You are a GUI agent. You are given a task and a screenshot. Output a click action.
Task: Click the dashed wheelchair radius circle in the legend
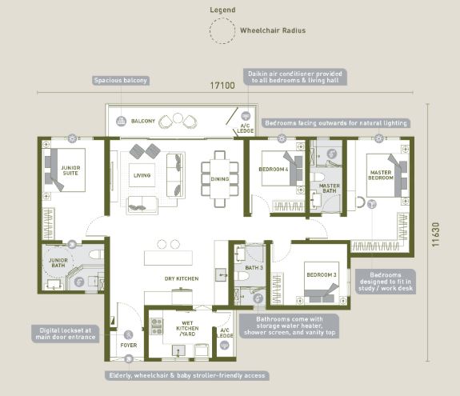210,30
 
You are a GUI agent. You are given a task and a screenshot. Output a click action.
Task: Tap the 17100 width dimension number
222,86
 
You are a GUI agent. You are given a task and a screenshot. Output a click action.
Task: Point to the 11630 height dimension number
435,234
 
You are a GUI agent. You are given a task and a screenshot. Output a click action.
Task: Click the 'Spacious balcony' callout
121,80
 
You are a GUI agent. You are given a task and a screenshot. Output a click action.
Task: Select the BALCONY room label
143,121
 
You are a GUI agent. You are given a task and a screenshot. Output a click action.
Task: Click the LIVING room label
142,175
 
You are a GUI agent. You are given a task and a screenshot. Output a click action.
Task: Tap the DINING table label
220,179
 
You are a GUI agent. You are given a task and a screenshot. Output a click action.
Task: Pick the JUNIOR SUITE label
70,170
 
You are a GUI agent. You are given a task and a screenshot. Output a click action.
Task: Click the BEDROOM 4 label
274,170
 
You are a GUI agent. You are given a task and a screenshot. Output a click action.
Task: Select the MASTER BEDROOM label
381,175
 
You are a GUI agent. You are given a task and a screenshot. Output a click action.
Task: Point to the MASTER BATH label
330,188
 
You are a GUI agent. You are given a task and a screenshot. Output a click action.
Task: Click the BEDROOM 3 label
322,275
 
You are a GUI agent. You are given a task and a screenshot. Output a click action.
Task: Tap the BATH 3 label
254,267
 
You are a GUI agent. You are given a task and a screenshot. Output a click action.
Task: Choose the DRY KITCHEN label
182,278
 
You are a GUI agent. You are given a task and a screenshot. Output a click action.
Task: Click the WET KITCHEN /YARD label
187,329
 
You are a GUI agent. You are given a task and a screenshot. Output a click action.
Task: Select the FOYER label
129,346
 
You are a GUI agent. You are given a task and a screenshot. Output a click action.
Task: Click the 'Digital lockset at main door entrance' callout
66,334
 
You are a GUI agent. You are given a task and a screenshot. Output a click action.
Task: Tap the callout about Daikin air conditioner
295,77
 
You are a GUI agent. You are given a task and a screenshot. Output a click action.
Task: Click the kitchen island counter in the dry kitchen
168,258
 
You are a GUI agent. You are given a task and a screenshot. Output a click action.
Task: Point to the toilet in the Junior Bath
96,254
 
